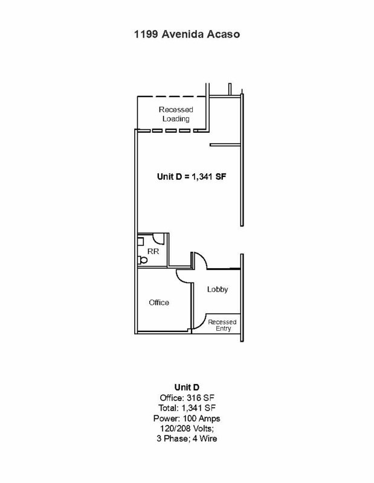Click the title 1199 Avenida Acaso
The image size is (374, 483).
187,34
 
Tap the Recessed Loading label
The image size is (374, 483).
176,114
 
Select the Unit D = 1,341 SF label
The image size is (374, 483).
192,176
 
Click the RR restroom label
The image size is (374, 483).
153,251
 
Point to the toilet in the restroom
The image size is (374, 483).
143,260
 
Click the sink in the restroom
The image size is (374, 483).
140,241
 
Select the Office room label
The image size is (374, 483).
159,302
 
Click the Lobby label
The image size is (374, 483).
218,289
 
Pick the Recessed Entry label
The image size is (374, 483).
222,325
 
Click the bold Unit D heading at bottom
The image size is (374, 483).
187,387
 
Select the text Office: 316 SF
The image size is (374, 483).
187,398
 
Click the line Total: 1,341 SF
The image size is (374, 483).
187,408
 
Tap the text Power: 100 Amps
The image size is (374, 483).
187,418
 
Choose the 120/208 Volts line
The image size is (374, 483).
187,429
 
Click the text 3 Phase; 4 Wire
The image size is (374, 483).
187,439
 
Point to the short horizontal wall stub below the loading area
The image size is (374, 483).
225,145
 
